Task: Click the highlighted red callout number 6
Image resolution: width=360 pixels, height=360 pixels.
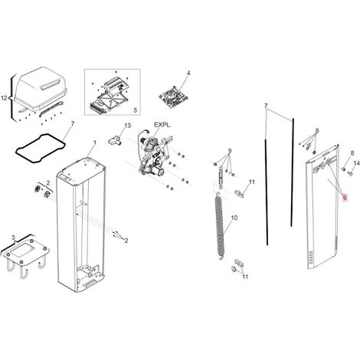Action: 345,198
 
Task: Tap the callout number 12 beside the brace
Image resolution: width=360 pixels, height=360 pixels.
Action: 5,98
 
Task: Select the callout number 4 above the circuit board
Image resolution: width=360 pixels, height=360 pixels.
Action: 188,74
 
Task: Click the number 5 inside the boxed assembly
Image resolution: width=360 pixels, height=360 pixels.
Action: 136,110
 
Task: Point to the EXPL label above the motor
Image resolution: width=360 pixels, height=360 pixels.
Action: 162,125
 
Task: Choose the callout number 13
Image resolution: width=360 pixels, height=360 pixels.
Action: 127,126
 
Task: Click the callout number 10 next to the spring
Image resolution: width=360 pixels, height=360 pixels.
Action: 234,218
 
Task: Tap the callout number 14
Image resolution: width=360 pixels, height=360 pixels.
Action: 356,163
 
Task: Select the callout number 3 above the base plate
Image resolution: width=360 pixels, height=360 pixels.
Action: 13,237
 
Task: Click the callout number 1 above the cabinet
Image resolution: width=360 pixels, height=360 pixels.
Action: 95,142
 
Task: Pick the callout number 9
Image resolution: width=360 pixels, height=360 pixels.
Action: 230,151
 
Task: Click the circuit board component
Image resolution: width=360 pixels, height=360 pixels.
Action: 174,97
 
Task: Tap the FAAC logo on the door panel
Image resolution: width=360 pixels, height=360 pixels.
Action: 325,166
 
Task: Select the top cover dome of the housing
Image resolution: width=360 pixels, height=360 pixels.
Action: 41,86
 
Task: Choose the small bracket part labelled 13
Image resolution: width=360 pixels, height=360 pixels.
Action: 115,140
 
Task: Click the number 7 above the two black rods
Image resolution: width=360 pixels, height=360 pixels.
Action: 266,106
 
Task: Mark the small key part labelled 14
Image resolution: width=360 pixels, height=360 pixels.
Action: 350,173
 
